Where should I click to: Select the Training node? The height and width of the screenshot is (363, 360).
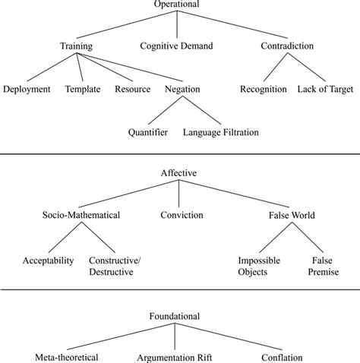coord(76,46)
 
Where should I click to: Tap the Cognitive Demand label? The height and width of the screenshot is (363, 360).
coord(176,46)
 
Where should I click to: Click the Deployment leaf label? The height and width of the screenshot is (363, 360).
coord(27,90)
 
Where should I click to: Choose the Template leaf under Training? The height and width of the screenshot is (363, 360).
coord(83,90)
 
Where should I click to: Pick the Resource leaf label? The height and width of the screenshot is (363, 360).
coord(132,90)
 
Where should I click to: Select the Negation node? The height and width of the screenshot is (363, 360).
coord(182,90)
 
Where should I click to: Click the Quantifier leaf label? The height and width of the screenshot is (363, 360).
coord(149,133)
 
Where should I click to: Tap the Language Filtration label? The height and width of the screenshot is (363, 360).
coord(221,133)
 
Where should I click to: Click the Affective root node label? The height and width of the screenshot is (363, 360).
coord(178,173)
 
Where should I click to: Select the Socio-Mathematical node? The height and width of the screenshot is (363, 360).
coord(82,216)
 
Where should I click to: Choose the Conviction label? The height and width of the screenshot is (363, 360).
coord(182,216)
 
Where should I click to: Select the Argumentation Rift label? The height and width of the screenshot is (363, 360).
coord(174,357)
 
